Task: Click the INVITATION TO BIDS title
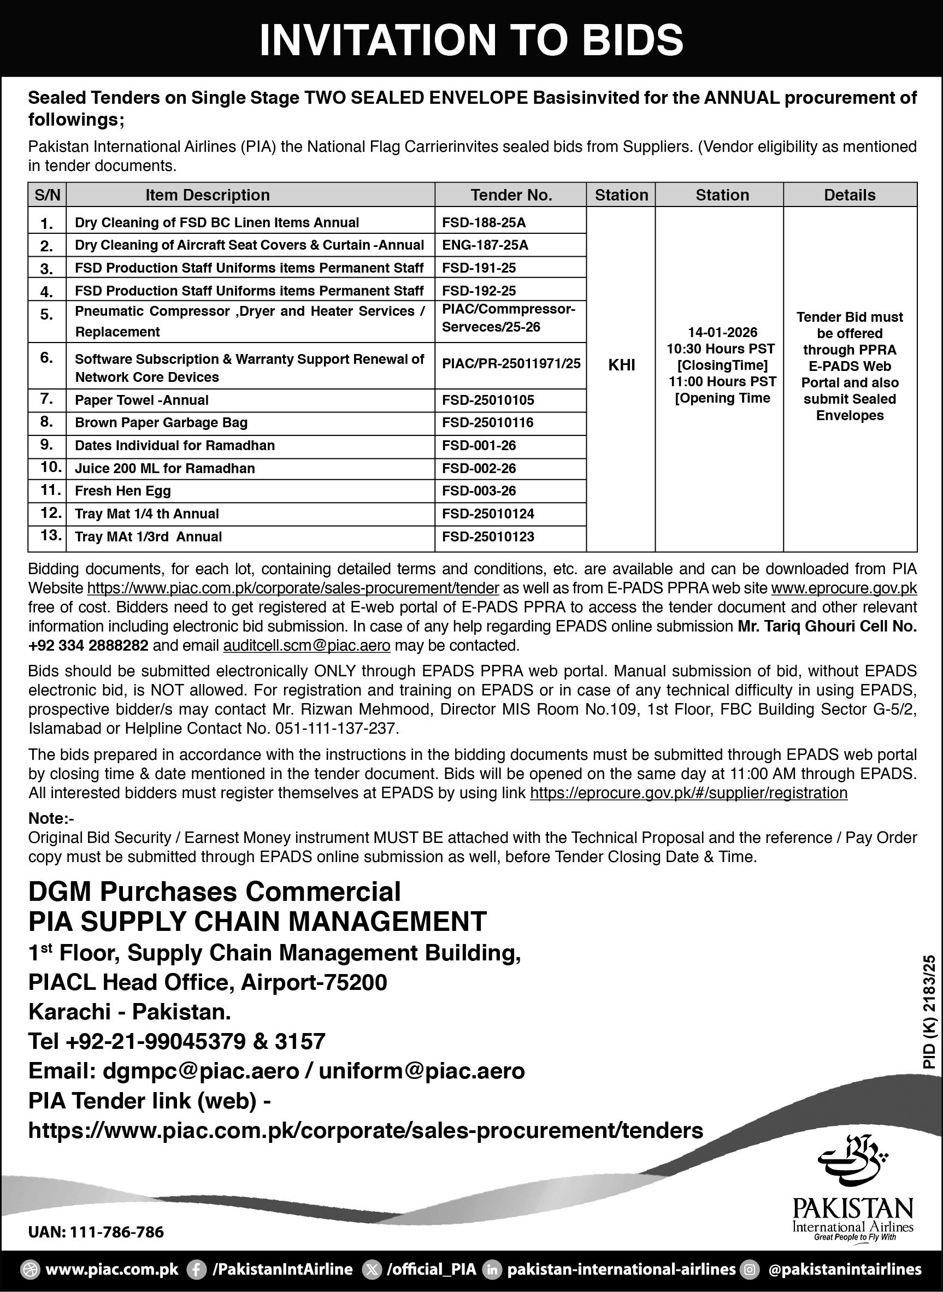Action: [471, 40]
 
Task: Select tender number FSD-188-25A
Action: [484, 222]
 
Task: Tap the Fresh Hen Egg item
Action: [123, 491]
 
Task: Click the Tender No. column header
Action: [511, 195]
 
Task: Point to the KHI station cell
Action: [621, 365]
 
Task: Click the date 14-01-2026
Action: [722, 332]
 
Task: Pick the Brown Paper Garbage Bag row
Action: [161, 423]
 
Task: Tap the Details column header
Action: [850, 195]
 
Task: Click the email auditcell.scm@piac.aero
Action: [307, 645]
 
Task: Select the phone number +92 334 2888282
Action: [89, 645]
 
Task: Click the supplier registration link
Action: [688, 793]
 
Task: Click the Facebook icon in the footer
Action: [197, 1270]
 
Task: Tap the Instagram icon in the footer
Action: [750, 1270]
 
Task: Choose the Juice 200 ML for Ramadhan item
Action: [164, 469]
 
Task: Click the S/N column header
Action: [48, 195]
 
